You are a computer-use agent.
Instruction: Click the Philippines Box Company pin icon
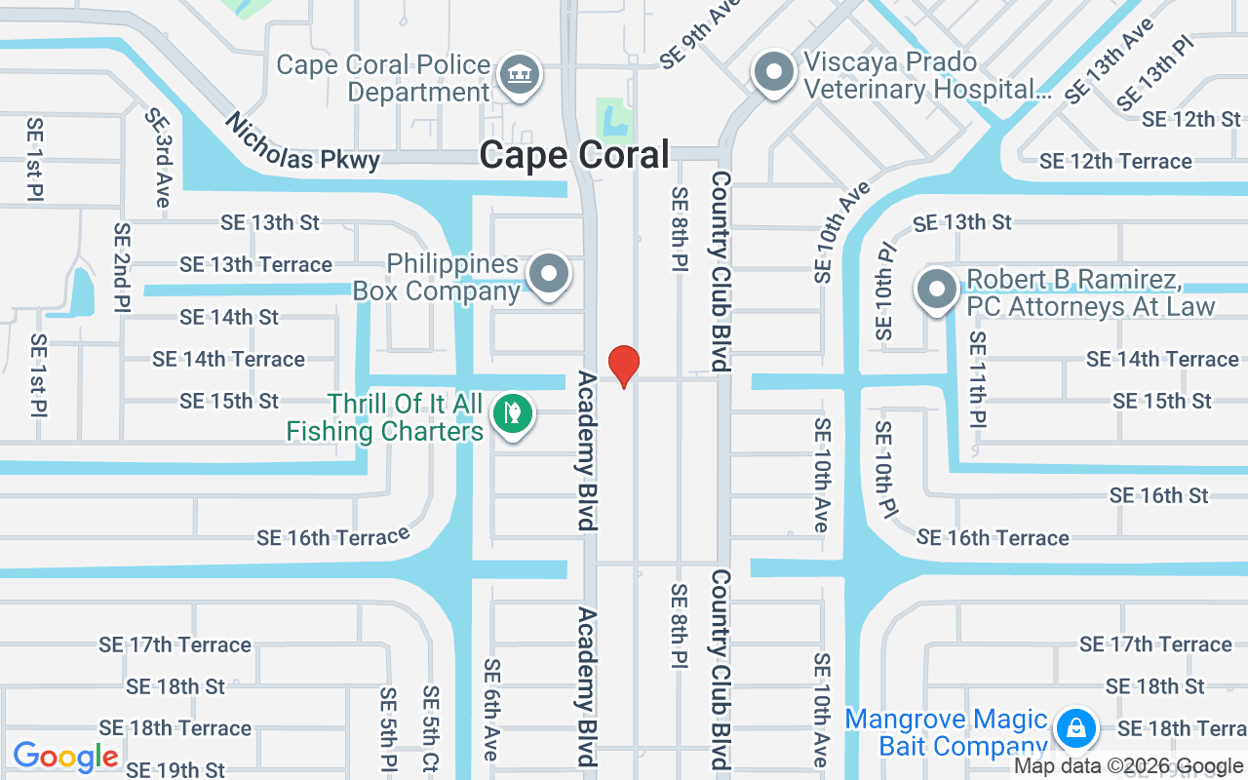tap(549, 274)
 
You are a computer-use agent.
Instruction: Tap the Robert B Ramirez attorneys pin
tap(937, 290)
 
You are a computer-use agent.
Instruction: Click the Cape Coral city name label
tap(575, 155)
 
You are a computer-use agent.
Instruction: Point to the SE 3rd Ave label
tap(160, 157)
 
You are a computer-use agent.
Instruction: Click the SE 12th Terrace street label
tap(1115, 161)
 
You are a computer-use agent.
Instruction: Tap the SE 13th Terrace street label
tap(255, 264)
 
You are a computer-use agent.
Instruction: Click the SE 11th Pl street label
tap(977, 379)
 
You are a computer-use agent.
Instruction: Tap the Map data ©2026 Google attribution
tap(1128, 766)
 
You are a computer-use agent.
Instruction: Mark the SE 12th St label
tap(1191, 119)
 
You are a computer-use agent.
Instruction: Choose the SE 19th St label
tap(175, 770)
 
